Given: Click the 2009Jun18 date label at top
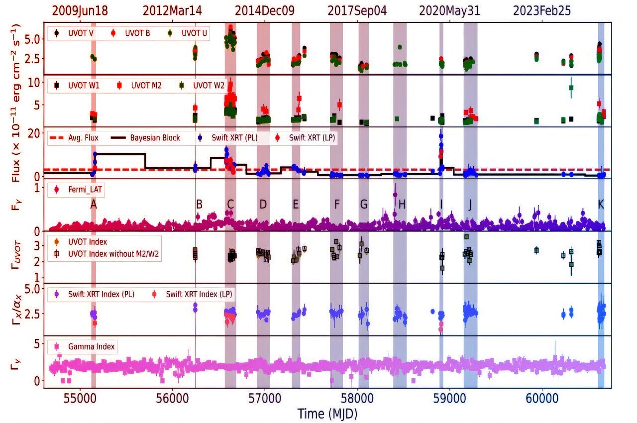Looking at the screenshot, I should click(x=81, y=10).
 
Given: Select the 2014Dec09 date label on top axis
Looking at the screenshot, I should click(x=265, y=10).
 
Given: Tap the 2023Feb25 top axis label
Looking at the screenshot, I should click(x=542, y=10).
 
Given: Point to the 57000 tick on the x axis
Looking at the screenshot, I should click(x=265, y=399).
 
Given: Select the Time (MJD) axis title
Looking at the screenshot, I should click(x=327, y=414).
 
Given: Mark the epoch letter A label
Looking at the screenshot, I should click(x=93, y=204).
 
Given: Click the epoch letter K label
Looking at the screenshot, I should click(x=601, y=204).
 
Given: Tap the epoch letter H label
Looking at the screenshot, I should click(x=402, y=204).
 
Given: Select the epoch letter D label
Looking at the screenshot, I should click(x=263, y=204).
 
